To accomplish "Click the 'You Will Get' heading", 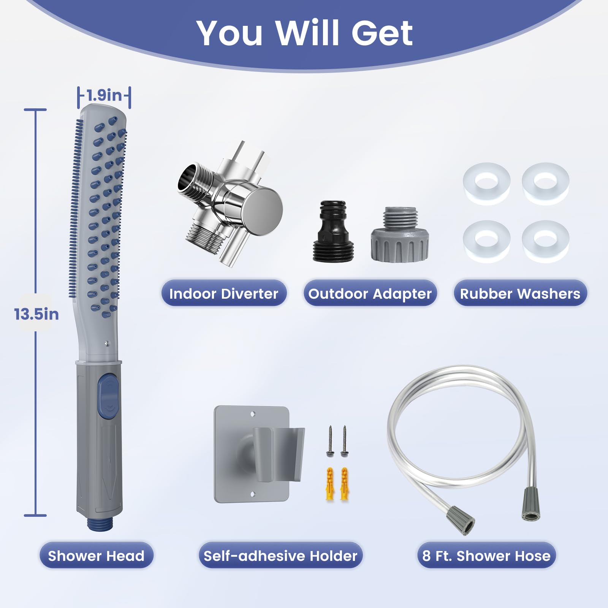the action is coord(304,33).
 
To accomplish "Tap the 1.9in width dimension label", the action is coord(104,95).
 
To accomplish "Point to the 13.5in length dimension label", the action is coord(36,314).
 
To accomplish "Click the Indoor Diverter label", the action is coord(224,293).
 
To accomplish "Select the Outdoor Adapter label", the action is coord(370,293).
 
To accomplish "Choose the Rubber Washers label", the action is coord(520,293).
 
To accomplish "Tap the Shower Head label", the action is coord(96,556).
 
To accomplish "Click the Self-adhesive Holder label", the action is coord(280,556).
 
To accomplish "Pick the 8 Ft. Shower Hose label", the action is coord(486,556).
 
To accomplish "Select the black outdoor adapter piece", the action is coord(333,231).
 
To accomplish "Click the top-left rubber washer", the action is coord(486,184).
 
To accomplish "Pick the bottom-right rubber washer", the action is coord(546,242).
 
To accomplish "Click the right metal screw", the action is coord(344,441).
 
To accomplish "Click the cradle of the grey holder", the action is coord(279,454).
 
